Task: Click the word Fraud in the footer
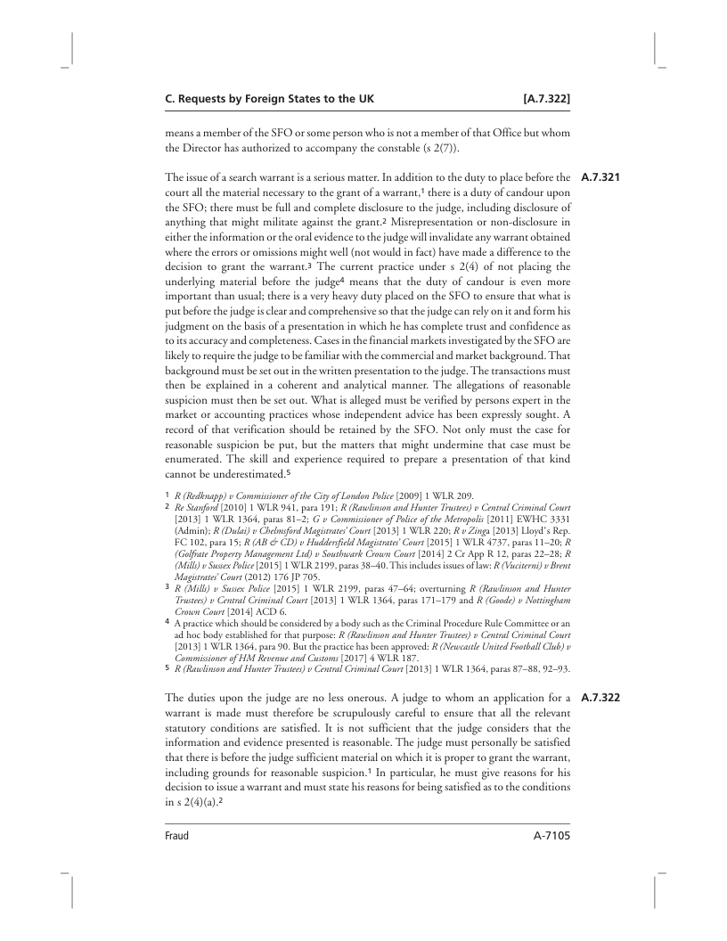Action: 176,837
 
